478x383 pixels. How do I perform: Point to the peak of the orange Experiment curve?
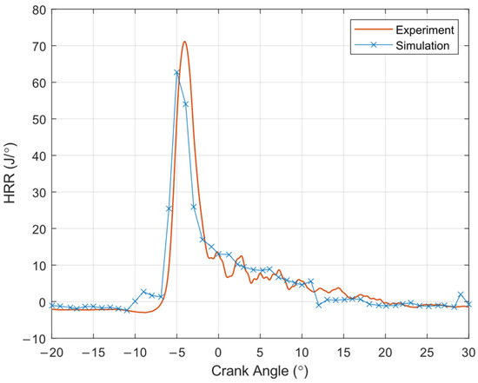(184, 42)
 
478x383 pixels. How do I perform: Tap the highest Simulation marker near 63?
(176, 72)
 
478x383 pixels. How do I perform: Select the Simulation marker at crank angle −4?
(185, 104)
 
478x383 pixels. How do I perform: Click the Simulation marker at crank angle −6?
(169, 208)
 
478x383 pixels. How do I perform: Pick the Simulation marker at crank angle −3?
(194, 207)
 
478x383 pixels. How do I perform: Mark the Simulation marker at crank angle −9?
(143, 291)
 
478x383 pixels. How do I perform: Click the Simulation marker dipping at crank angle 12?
(319, 305)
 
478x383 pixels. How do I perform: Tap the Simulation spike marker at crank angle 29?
(461, 294)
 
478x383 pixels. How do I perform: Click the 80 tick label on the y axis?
(38, 10)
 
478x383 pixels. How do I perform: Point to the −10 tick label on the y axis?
(34, 339)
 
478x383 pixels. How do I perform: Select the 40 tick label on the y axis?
(38, 156)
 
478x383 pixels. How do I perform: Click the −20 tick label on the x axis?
(51, 353)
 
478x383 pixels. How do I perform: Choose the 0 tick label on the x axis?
(218, 353)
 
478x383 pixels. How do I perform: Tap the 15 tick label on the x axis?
(343, 353)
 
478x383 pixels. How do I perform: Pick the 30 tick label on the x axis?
(468, 353)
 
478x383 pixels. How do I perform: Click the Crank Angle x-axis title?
(260, 372)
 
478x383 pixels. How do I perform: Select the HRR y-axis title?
(10, 174)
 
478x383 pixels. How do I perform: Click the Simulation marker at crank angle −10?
(135, 301)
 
